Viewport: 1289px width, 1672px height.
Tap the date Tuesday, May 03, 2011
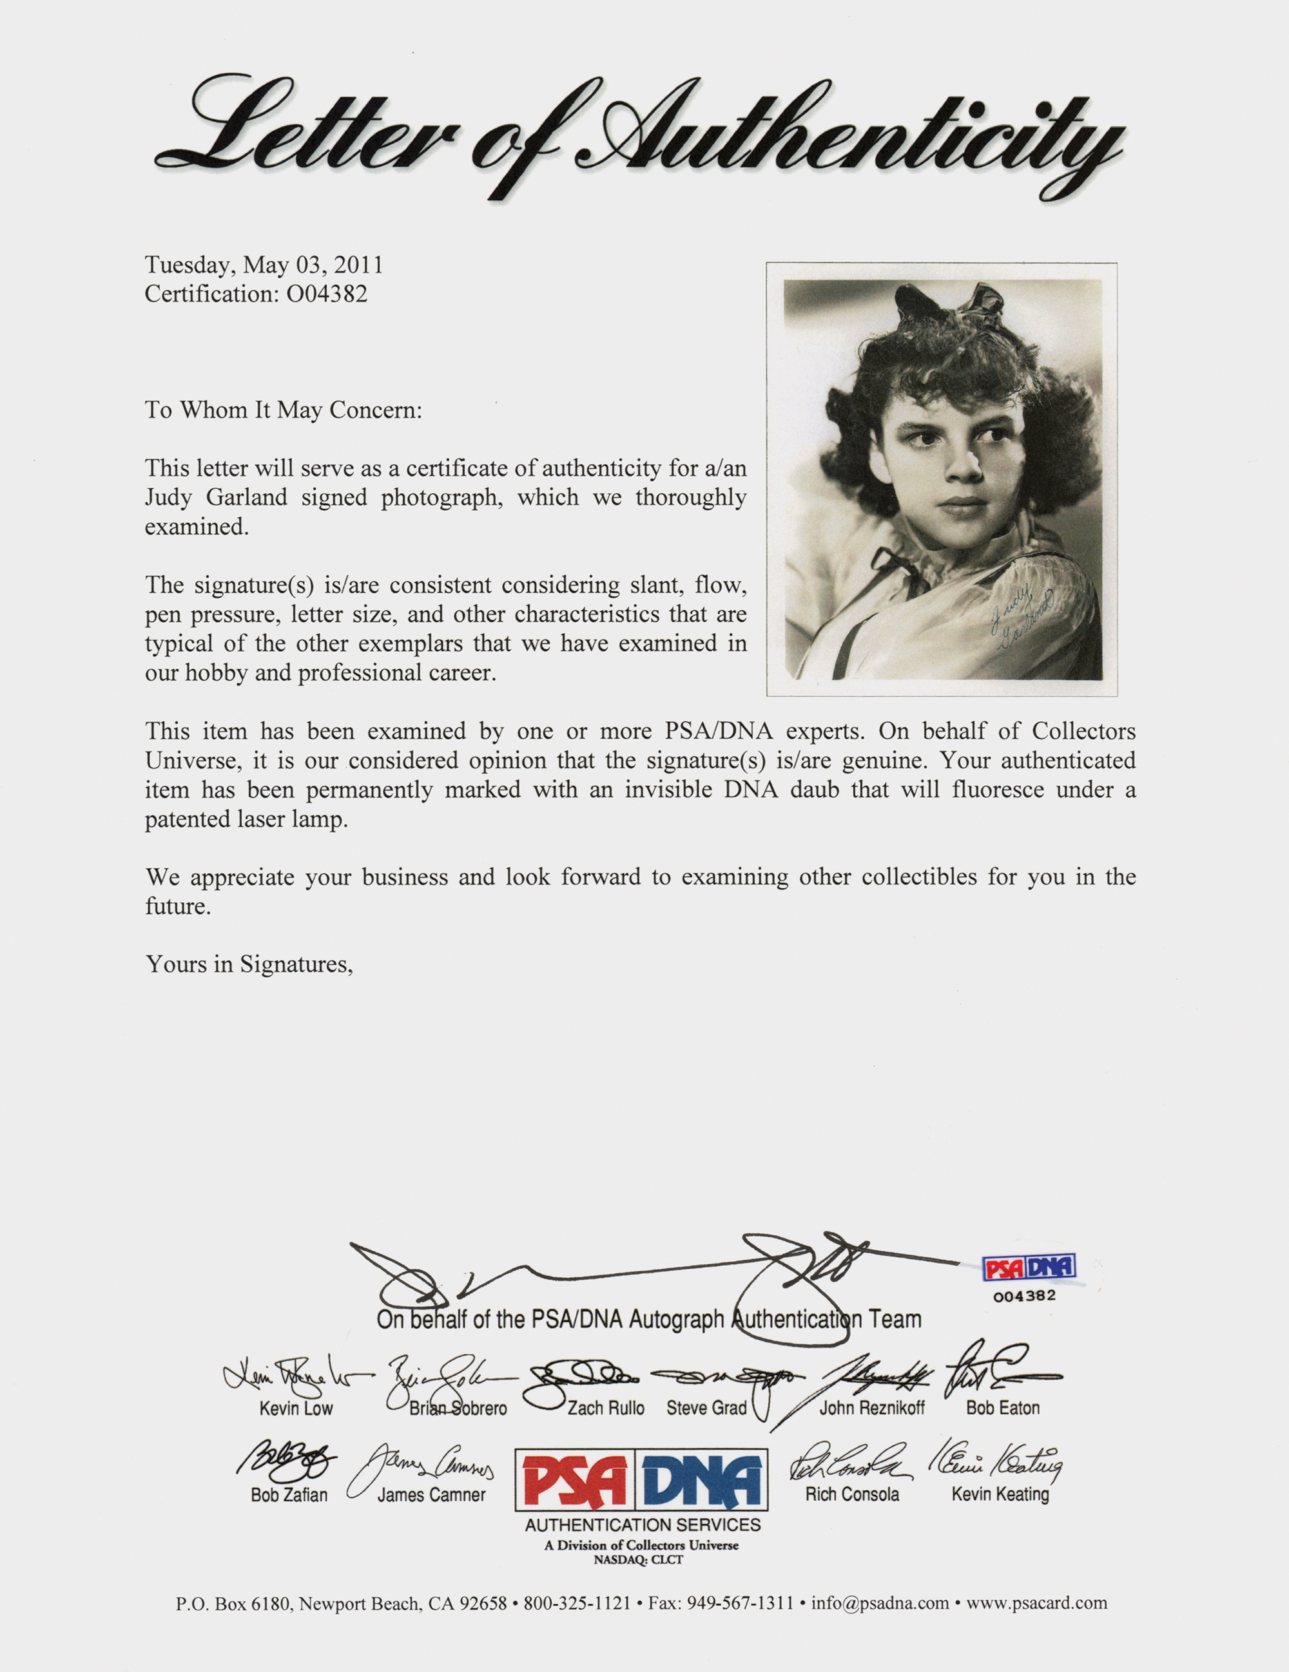coord(264,265)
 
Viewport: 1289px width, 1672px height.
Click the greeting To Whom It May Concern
coord(284,410)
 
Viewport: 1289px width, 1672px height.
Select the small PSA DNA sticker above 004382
coord(1029,1268)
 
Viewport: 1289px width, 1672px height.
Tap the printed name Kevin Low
coord(296,1408)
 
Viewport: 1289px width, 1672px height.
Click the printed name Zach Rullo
coord(606,1408)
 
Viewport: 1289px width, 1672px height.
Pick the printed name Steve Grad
coord(706,1408)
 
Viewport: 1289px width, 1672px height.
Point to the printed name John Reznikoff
coord(871,1408)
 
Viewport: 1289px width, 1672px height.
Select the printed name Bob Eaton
coord(1003,1408)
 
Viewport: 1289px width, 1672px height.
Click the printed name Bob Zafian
coord(289,1494)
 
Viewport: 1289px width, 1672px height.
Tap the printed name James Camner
coord(431,1494)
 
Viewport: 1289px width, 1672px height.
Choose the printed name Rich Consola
coord(851,1494)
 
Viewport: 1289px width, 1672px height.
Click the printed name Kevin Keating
coord(1000,1494)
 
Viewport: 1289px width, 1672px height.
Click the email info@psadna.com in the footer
coord(879,1603)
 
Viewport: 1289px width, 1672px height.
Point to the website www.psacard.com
coord(1036,1603)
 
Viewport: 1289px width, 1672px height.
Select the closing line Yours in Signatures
coord(249,965)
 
